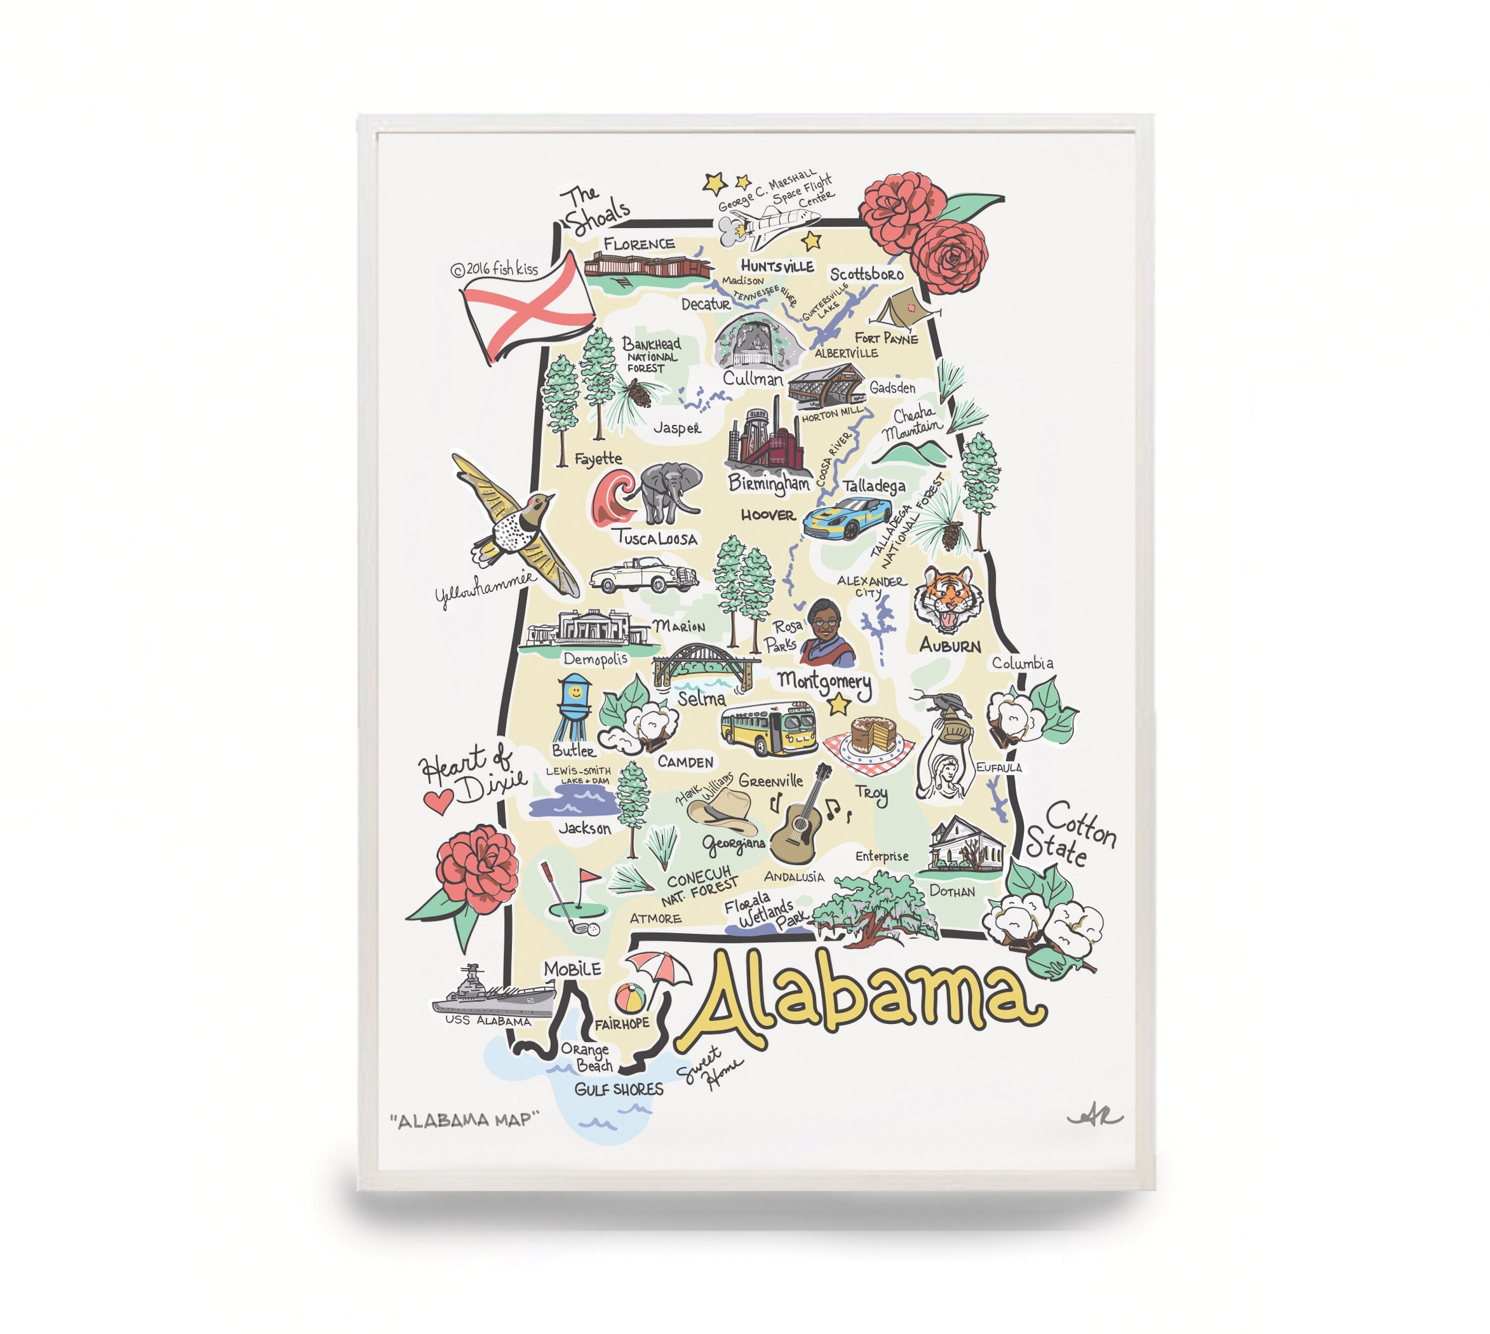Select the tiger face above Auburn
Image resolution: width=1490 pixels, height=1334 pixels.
pyautogui.click(x=948, y=599)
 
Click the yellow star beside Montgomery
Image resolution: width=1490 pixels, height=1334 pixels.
pyautogui.click(x=838, y=705)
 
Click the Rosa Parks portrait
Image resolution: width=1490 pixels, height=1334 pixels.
pyautogui.click(x=827, y=633)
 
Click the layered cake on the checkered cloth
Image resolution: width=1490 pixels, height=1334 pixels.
pyautogui.click(x=874, y=735)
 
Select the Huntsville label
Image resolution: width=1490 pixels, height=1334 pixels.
pyautogui.click(x=777, y=266)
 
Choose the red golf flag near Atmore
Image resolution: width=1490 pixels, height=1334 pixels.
pyautogui.click(x=589, y=877)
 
